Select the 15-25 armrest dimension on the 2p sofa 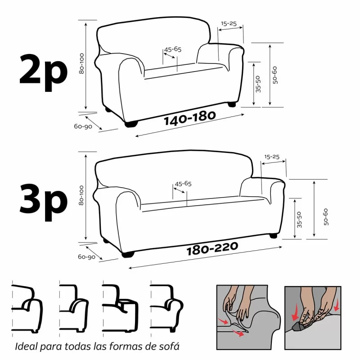tap(229, 23)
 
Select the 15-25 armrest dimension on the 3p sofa tap(272, 157)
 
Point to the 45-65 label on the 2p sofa tap(173, 49)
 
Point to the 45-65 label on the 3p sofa tap(183, 184)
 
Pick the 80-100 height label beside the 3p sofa tap(81, 196)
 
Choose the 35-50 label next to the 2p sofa tap(258, 84)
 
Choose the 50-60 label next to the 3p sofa tap(325, 216)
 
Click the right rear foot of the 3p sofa tap(273, 235)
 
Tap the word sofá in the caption tap(166, 347)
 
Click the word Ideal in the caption tap(26, 347)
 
